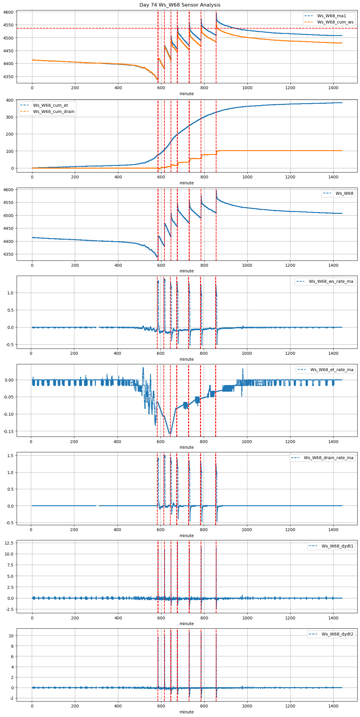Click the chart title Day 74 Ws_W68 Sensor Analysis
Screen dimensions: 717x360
pyautogui.click(x=180, y=5)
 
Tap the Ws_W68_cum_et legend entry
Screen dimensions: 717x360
pyautogui.click(x=50, y=105)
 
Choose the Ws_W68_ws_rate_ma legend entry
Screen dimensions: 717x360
pyautogui.click(x=331, y=281)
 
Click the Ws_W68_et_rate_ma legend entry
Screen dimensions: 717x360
pyautogui.click(x=332, y=370)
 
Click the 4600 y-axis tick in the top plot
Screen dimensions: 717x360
pyautogui.click(x=9, y=12)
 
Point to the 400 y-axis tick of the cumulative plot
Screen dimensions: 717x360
pyautogui.click(x=10, y=100)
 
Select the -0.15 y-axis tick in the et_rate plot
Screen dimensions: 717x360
pyautogui.click(x=8, y=431)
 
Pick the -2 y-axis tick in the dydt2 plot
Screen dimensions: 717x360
pyautogui.click(x=11, y=698)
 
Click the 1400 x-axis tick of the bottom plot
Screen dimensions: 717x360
pyautogui.click(x=333, y=706)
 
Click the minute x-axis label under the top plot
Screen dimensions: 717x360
pyautogui.click(x=186, y=94)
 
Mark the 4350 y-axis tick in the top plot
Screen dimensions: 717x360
pyautogui.click(x=9, y=77)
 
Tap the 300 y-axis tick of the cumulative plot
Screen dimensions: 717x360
pyautogui.click(x=10, y=117)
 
